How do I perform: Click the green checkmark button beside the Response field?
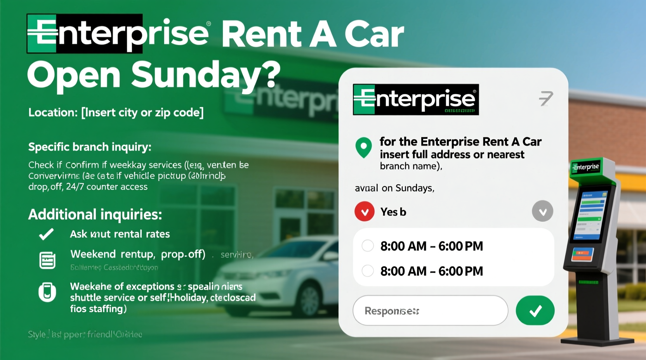(x=535, y=310)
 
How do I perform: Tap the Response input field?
(x=430, y=310)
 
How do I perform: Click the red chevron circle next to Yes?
(x=365, y=211)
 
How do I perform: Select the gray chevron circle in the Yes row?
(x=542, y=211)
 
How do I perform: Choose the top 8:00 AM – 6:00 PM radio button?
(x=368, y=246)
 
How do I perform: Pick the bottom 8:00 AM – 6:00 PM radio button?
(x=368, y=270)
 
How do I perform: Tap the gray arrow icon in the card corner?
(x=546, y=98)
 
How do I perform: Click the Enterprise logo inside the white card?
(x=415, y=99)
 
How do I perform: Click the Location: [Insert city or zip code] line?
(x=116, y=112)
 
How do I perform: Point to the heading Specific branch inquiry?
(x=90, y=147)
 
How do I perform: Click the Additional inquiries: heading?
(x=95, y=214)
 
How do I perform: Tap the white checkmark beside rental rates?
(x=47, y=234)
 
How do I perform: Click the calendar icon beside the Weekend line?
(x=47, y=260)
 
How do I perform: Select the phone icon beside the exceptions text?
(x=47, y=292)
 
